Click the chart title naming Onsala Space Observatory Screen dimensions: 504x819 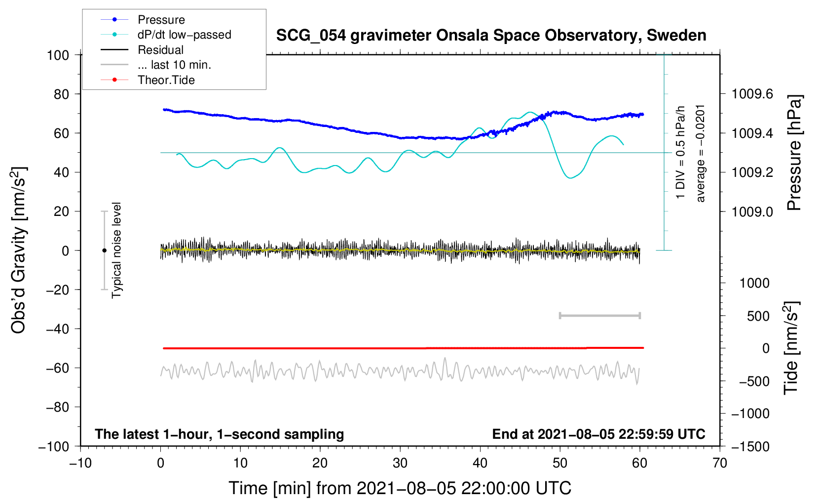(491, 36)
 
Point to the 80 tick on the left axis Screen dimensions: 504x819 (61, 94)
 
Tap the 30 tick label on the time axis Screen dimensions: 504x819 (400, 463)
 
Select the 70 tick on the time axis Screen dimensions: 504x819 (720, 463)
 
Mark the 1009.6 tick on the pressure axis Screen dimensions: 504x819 (752, 94)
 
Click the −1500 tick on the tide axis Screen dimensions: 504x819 (750, 446)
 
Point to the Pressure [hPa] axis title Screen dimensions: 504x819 (794, 153)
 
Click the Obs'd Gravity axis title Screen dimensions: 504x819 (18, 251)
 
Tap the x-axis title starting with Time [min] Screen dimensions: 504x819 (400, 488)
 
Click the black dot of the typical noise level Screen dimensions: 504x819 (104, 251)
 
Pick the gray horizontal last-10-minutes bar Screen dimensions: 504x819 (599, 315)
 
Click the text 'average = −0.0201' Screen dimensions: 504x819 (701, 153)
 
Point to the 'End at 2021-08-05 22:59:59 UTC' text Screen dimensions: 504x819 (598, 434)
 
